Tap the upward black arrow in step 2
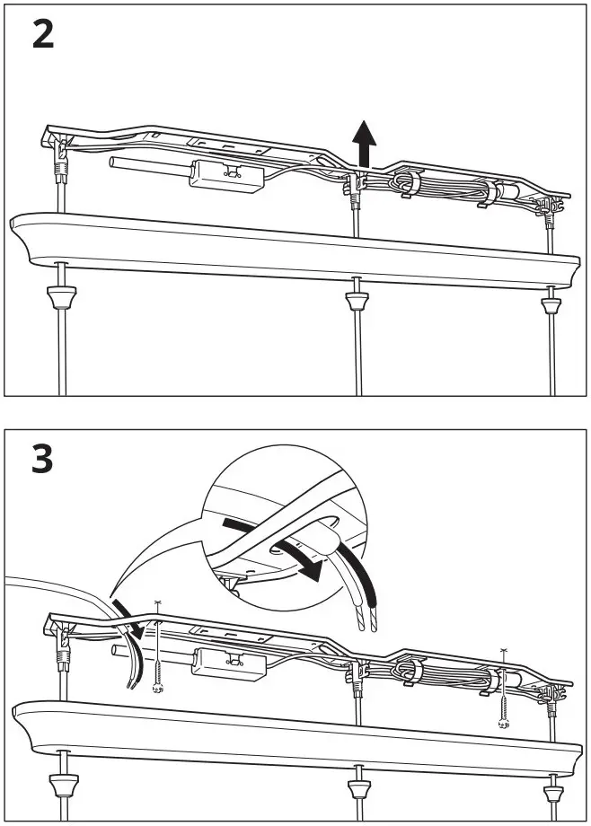(x=364, y=144)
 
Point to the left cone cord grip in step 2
(x=61, y=295)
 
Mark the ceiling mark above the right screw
(x=503, y=649)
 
